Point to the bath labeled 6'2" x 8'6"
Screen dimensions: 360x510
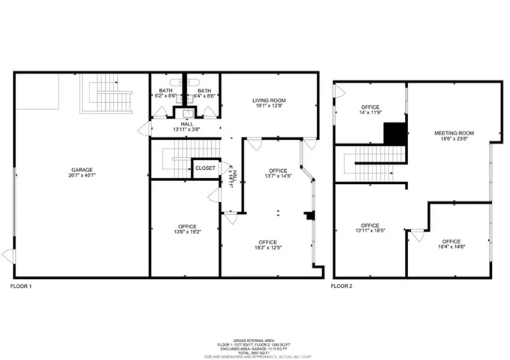click(164, 93)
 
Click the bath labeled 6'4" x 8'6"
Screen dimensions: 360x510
click(204, 93)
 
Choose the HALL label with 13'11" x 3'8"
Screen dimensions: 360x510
click(186, 127)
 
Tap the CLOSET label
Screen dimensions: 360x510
click(205, 168)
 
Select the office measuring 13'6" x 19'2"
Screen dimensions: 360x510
click(187, 228)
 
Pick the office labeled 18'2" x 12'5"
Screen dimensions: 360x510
click(269, 244)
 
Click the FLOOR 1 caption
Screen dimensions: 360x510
click(21, 286)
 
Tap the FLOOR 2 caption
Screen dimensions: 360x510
click(343, 286)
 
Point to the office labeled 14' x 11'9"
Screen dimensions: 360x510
click(370, 110)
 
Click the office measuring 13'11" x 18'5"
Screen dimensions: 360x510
click(370, 228)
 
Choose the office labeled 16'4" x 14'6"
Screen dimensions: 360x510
click(451, 244)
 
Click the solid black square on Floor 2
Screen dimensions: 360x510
click(394, 133)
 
